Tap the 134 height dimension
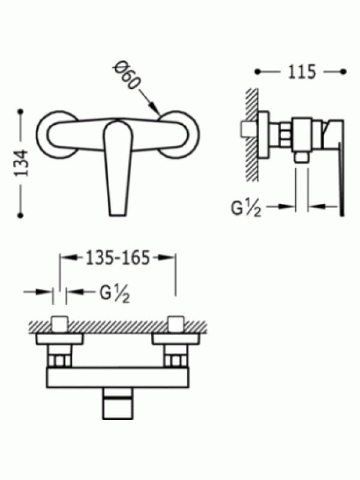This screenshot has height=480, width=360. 22,163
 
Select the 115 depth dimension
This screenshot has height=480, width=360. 302,72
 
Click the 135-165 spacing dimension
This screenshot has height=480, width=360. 118,258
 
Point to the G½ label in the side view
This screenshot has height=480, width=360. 246,209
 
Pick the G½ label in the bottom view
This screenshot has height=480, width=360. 115,294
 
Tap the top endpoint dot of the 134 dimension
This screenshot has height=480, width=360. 20,112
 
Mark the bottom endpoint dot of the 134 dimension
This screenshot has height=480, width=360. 20,215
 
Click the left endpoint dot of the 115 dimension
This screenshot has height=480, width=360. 257,72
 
